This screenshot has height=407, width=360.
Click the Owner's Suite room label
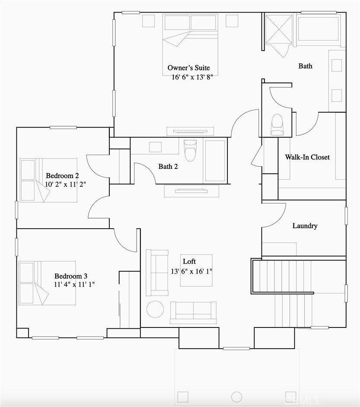[x=188, y=68]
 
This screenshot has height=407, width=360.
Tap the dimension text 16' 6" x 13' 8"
[x=192, y=77]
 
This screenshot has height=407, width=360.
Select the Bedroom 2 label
[x=62, y=176]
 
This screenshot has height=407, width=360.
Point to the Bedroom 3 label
[x=71, y=276]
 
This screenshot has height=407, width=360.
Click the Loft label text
[x=189, y=261]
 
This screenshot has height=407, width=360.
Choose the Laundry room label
[x=305, y=226]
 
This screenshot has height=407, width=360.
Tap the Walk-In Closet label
[x=307, y=157]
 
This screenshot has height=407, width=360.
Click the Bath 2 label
[x=168, y=166]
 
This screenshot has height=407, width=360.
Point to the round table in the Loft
[x=155, y=309]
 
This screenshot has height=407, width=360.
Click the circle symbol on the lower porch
[x=236, y=397]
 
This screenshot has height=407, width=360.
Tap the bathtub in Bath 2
[x=215, y=160]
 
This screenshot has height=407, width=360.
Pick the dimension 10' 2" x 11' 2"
[x=68, y=184]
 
